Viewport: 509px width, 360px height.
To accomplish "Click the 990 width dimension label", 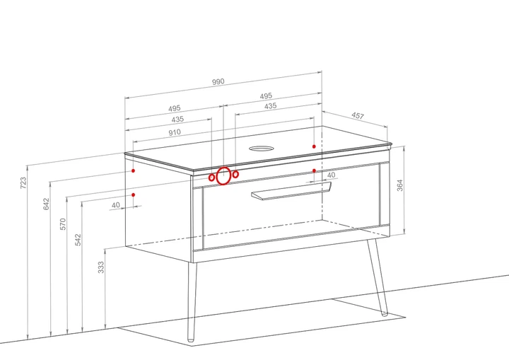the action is point(218,81).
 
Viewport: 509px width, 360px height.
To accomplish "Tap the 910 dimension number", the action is point(175,132).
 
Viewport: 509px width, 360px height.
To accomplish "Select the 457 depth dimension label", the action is point(358,116).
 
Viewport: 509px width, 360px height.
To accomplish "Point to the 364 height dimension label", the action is point(399,185).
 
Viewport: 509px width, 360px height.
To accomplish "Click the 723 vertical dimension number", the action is point(23,183).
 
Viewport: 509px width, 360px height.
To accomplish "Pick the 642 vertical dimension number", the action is point(46,204).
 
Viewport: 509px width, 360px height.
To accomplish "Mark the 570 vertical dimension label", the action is point(63,224).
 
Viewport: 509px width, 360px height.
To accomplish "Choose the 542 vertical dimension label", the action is point(78,240).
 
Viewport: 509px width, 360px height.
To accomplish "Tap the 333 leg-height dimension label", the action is point(101,267).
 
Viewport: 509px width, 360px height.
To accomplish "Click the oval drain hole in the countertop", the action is point(262,149).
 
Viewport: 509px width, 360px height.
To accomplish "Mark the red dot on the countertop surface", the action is point(314,146).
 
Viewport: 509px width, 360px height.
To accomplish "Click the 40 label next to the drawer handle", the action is point(331,175).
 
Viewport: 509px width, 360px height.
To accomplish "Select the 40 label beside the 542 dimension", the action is point(115,205).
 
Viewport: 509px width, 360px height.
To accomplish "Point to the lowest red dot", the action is point(134,195).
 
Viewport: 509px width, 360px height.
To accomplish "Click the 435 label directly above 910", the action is point(177,120).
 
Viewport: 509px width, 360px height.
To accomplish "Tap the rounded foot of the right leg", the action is point(385,313).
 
